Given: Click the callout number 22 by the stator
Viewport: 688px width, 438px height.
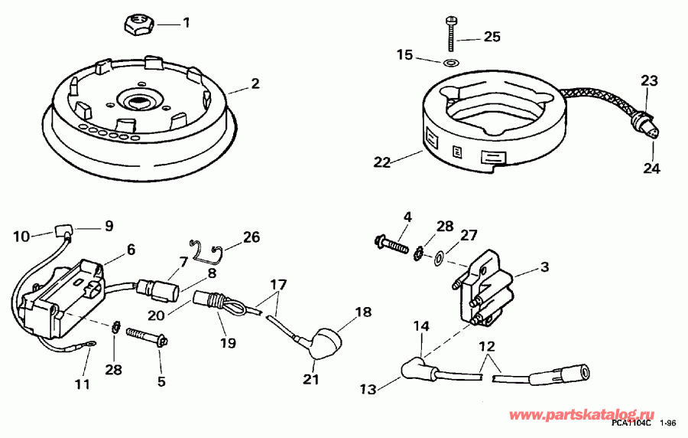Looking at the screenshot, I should pyautogui.click(x=382, y=161).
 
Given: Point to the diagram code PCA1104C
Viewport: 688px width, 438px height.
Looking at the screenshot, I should pyautogui.click(x=631, y=423).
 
